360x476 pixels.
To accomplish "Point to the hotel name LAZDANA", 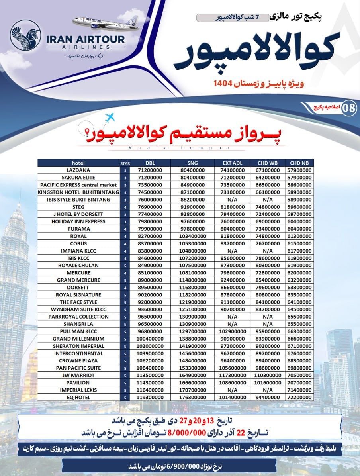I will pyautogui.click(x=78, y=170).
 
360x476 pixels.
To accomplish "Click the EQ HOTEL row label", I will pyautogui.click(x=78, y=398).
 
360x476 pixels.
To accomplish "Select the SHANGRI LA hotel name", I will pyautogui.click(x=78, y=324).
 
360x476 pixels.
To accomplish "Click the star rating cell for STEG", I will pyautogui.click(x=125, y=207).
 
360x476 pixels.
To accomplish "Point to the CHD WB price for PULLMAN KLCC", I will pyautogui.click(x=267, y=331).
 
